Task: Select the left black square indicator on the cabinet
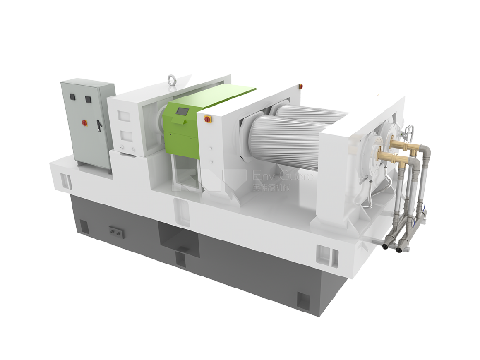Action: coord(72,96)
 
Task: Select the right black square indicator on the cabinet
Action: coord(88,99)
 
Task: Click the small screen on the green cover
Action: coord(182,112)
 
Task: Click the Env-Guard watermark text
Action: coord(283,177)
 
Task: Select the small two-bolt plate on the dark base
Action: coord(116,231)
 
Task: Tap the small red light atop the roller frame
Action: coord(301,86)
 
